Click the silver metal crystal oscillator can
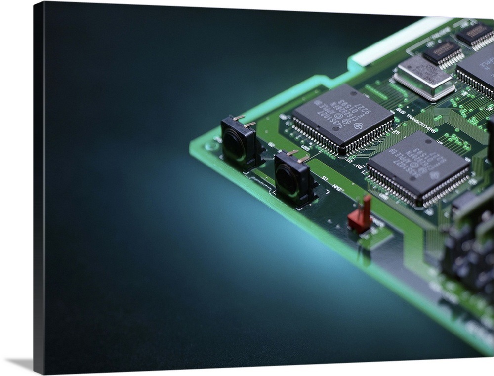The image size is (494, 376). click(424, 77)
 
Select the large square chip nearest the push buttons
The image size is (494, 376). click(342, 119)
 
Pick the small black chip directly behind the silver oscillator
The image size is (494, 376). click(443, 52)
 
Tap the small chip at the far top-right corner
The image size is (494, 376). click(475, 35)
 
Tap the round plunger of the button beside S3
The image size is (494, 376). click(286, 178)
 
